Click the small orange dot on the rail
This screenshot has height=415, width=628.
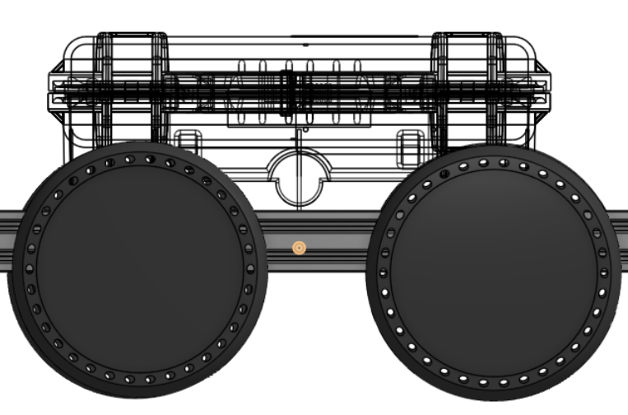pyautogui.click(x=299, y=247)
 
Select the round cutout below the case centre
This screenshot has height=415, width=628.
pyautogui.click(x=298, y=178)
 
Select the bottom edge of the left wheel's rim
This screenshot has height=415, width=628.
pyautogui.click(x=138, y=394)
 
